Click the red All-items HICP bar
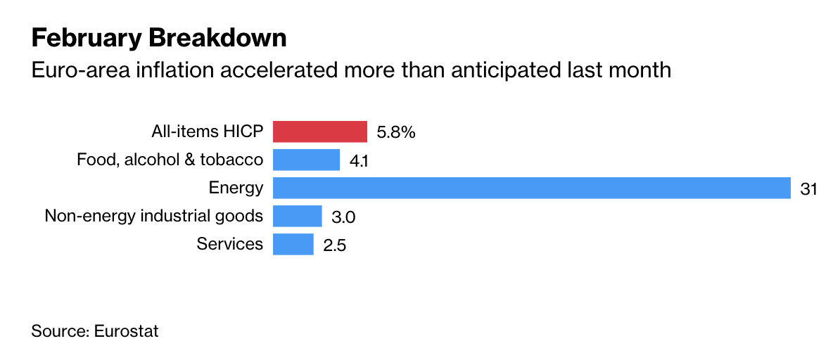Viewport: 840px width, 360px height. click(319, 131)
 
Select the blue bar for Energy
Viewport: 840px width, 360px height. click(531, 188)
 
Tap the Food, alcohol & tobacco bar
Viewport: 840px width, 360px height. click(306, 160)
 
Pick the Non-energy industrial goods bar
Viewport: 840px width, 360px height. click(297, 216)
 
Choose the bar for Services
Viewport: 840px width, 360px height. click(293, 244)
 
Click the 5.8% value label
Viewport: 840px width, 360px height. click(396, 132)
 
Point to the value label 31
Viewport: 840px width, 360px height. click(808, 188)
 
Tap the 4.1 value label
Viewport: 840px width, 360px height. click(359, 161)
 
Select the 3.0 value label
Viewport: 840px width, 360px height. click(343, 217)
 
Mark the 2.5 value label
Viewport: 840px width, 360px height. click(335, 245)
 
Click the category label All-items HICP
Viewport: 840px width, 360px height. click(207, 131)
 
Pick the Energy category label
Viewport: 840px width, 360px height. click(236, 188)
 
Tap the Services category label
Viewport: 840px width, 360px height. click(229, 244)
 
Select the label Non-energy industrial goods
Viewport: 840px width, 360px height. click(153, 216)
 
